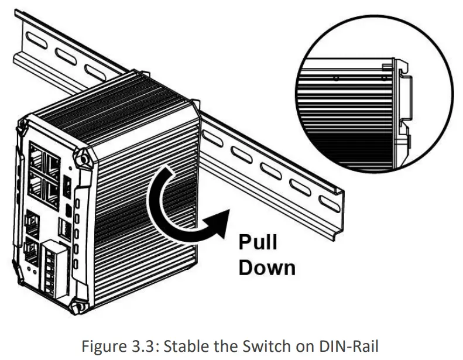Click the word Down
pos(267,268)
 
